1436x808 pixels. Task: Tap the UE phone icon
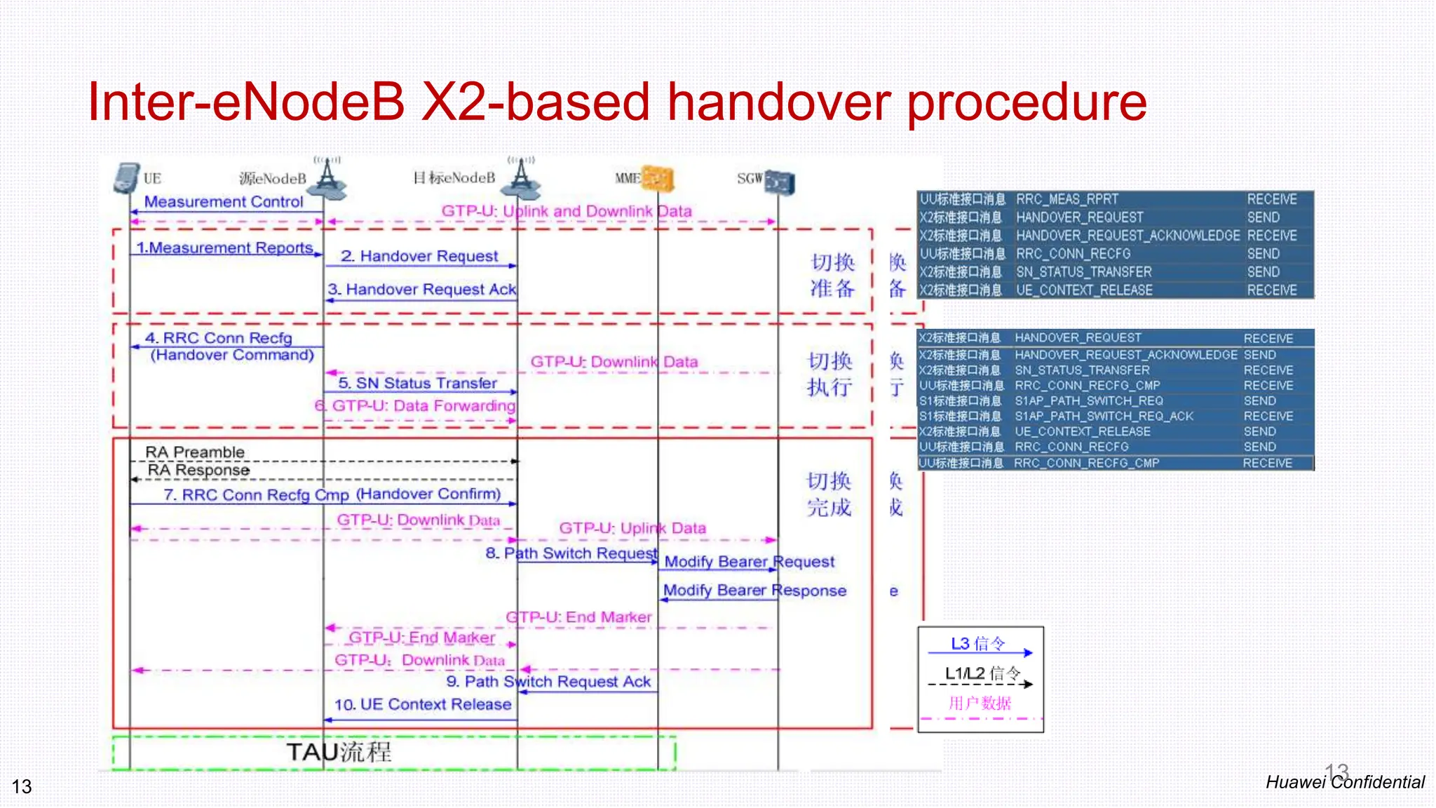point(126,178)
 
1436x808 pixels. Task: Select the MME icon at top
point(658,178)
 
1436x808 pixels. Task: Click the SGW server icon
point(780,182)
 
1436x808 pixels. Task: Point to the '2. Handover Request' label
point(419,256)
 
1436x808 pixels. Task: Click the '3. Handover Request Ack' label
point(421,289)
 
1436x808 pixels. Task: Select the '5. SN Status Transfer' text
point(417,383)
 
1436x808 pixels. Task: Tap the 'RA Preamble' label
point(195,452)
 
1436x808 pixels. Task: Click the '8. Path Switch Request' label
point(571,553)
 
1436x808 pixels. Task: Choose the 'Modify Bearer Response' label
point(754,591)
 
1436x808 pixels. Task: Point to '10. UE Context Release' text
point(423,704)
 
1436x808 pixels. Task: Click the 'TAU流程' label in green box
point(339,753)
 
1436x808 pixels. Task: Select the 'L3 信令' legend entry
point(977,644)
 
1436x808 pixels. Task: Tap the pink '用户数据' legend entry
point(980,703)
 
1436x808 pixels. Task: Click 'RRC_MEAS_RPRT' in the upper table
point(1067,199)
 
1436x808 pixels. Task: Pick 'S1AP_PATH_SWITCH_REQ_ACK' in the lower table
point(1104,416)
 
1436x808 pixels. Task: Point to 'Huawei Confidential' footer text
point(1344,782)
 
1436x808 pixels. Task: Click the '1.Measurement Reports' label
point(224,248)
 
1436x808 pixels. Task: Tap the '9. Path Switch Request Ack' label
point(548,682)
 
